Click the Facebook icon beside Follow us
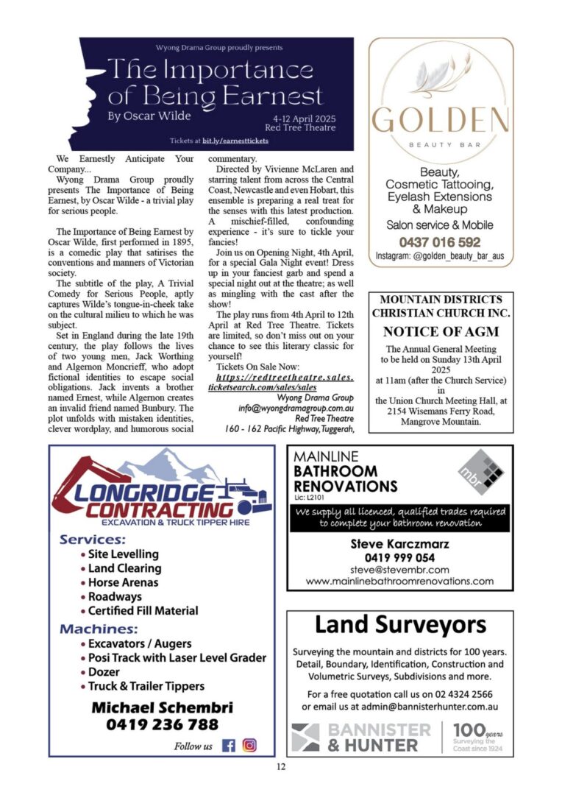[229, 745]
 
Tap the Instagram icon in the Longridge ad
[249, 745]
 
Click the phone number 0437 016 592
[440, 241]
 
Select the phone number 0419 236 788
[163, 724]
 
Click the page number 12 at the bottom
[280, 767]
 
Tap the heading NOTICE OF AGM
[441, 331]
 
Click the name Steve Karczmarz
[399, 545]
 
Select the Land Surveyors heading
[400, 626]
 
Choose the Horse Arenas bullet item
[123, 582]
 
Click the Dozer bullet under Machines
[104, 672]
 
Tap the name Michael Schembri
[162, 707]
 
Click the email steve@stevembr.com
[399, 570]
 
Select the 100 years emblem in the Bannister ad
[477, 736]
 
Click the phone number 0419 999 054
[399, 557]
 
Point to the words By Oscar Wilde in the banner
[149, 116]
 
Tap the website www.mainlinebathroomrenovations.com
[399, 581]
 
